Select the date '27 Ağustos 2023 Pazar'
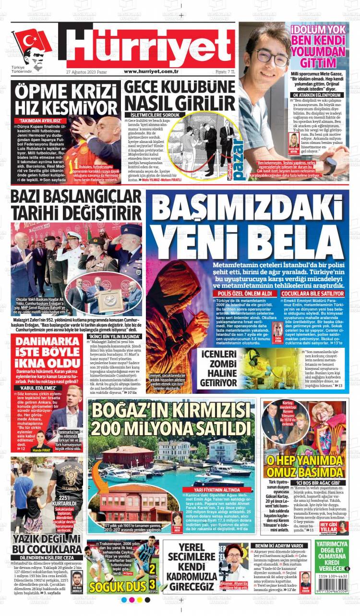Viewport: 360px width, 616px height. (86, 72)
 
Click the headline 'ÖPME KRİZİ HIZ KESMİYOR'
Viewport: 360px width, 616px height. (65, 99)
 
